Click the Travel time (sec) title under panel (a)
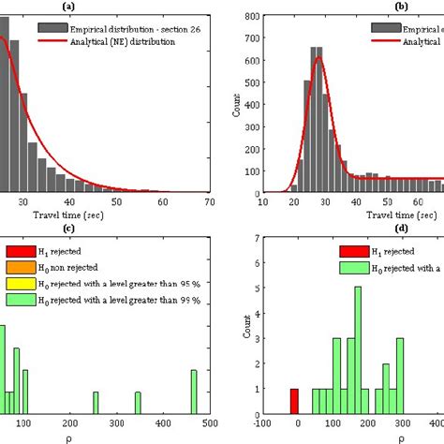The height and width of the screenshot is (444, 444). (x=95, y=215)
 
